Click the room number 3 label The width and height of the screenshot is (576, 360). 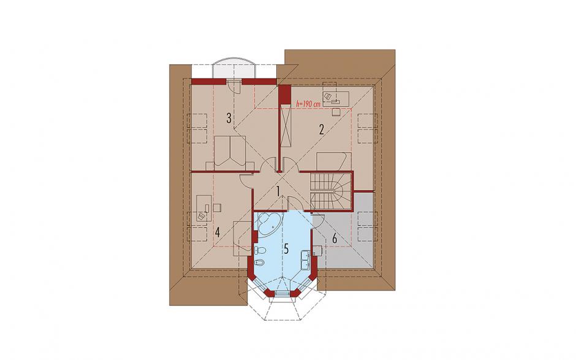point(229,118)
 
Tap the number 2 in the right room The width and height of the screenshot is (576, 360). point(322,130)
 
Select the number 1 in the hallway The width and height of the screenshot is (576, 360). point(278,191)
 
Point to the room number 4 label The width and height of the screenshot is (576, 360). point(218,232)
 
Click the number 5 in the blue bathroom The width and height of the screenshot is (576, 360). point(286,248)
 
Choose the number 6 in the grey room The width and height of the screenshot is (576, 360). point(335,239)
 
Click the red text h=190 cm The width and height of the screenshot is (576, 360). point(308,104)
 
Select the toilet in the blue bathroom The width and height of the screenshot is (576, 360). point(259,251)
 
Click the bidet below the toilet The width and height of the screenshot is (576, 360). point(259,262)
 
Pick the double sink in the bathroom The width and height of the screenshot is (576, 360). point(306,259)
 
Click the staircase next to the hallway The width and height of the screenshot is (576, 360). point(331,191)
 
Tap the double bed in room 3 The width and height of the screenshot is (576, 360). point(230,152)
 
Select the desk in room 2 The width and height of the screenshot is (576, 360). point(336,94)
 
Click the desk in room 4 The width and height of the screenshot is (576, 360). point(204,209)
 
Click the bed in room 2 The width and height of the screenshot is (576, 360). point(334,162)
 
